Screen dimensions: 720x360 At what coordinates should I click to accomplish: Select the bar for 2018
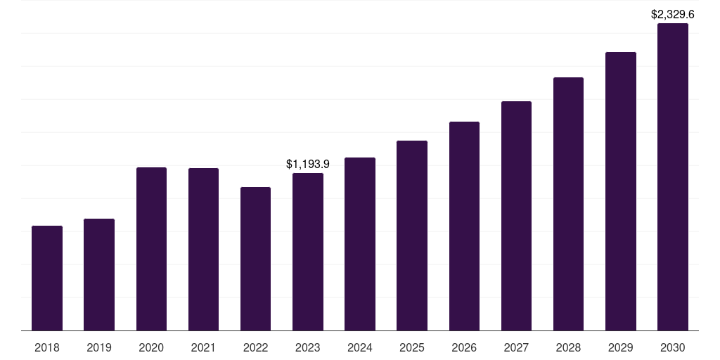pyautogui.click(x=47, y=278)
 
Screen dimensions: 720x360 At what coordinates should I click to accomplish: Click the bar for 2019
pyautogui.click(x=99, y=275)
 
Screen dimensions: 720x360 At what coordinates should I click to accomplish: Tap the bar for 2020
pyautogui.click(x=151, y=249)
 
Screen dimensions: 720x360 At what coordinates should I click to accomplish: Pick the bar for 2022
pyautogui.click(x=255, y=259)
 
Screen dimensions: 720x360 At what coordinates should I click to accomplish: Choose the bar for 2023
pyautogui.click(x=308, y=252)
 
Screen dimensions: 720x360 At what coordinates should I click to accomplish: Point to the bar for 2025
pyautogui.click(x=412, y=236)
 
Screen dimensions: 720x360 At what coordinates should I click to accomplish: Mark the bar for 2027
pyautogui.click(x=516, y=216)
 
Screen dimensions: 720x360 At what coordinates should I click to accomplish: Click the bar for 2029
pyautogui.click(x=620, y=191)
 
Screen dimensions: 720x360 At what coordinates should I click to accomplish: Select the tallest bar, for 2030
pyautogui.click(x=673, y=176)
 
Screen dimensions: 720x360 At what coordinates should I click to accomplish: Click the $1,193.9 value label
pyautogui.click(x=308, y=164)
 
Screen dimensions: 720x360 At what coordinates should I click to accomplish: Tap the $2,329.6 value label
pyautogui.click(x=673, y=14)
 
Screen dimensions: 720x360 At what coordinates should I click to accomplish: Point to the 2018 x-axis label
pyautogui.click(x=47, y=347)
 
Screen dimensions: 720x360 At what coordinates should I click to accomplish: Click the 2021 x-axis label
pyautogui.click(x=203, y=347)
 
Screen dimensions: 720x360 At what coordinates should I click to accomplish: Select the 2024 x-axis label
pyautogui.click(x=360, y=347)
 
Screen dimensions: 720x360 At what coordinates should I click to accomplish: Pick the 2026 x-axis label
pyautogui.click(x=464, y=347)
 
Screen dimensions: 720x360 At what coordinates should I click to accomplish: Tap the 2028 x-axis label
pyautogui.click(x=568, y=347)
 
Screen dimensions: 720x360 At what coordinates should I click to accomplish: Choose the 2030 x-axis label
pyautogui.click(x=673, y=347)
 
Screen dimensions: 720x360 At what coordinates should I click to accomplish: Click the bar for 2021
pyautogui.click(x=203, y=250)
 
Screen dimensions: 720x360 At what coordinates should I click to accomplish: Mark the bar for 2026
pyautogui.click(x=464, y=226)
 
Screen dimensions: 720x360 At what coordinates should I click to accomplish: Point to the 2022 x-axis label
pyautogui.click(x=255, y=347)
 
